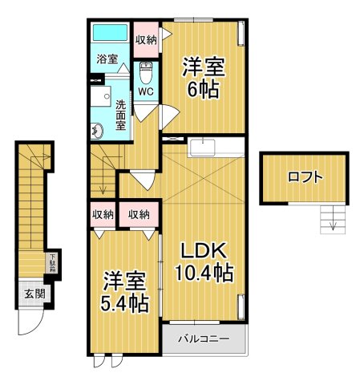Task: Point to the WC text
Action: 145,91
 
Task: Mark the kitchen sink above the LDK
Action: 202,148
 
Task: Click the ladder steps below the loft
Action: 330,216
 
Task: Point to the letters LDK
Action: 203,249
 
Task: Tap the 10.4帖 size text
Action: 204,274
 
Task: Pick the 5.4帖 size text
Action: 125,304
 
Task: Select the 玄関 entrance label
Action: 33,294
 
